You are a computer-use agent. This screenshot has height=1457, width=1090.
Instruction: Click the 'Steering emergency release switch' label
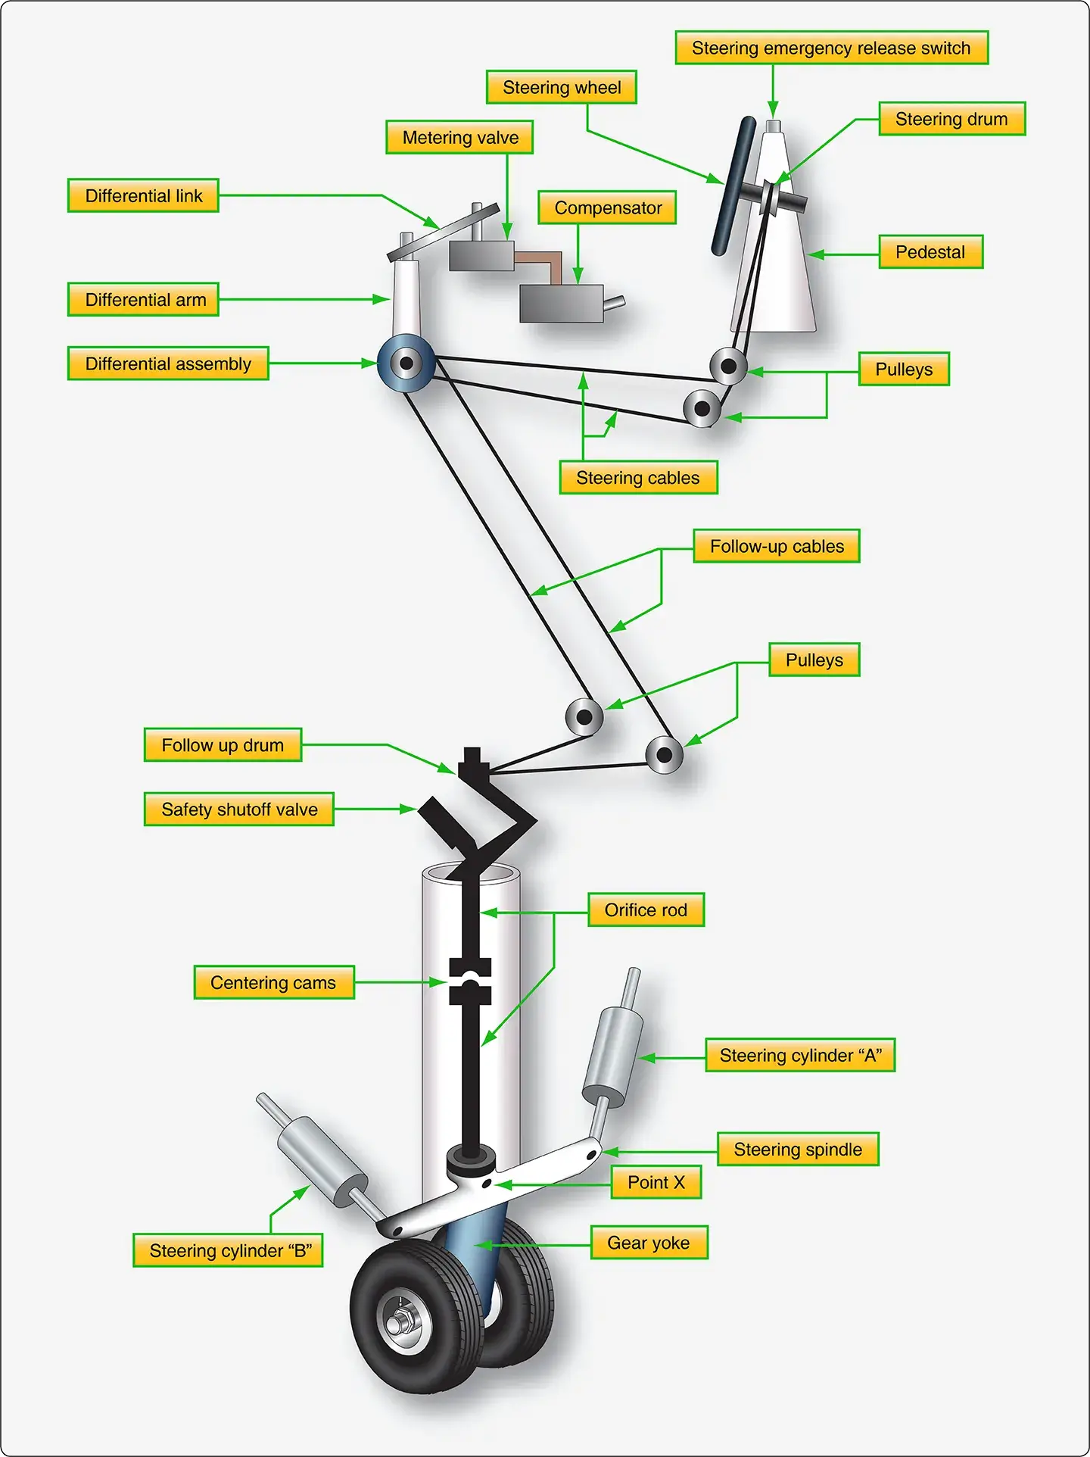831,48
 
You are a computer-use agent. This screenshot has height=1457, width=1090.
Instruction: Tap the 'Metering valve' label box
459,138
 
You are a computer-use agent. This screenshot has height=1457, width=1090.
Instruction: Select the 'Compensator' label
607,208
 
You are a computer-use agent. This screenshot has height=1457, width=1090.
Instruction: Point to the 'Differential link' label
143,196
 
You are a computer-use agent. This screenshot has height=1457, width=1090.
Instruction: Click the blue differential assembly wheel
406,363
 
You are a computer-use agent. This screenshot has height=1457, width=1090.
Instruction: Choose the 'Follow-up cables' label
777,547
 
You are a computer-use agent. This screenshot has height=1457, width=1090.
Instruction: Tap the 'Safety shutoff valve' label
239,810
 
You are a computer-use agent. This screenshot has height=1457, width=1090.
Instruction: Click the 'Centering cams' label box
273,983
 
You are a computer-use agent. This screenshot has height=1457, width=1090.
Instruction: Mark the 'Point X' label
656,1183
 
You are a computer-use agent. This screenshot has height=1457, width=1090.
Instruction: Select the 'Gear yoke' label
649,1243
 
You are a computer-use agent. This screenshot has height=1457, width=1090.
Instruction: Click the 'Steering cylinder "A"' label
800,1056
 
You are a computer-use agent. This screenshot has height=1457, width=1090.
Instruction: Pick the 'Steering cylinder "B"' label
229,1251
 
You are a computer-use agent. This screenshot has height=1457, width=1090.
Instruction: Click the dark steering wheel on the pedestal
733,186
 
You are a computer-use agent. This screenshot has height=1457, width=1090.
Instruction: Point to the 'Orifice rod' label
646,910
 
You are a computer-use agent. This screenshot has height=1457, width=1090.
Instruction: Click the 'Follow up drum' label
223,746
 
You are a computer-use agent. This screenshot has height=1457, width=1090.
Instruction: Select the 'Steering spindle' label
798,1150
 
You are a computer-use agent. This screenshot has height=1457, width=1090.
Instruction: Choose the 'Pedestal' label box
930,252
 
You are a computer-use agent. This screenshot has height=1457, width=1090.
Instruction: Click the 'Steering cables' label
638,479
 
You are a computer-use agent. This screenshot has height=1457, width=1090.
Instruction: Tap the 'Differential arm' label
144,300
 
